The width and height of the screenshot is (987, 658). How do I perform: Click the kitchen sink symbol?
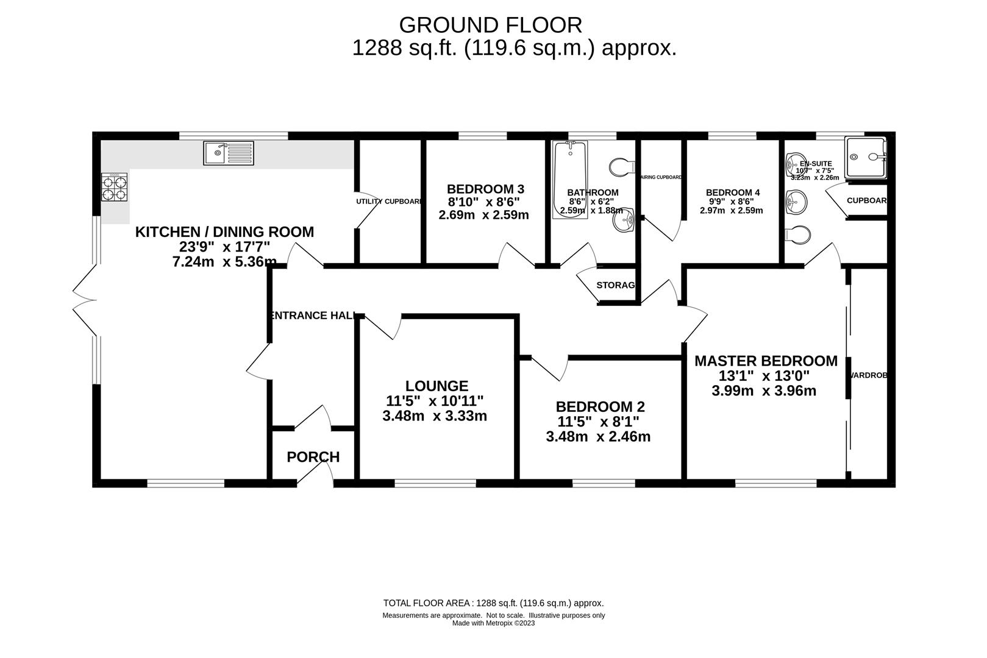point(228,153)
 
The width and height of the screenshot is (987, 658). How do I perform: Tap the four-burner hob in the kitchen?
point(115,187)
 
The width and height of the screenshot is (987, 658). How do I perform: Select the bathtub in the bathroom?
point(570,179)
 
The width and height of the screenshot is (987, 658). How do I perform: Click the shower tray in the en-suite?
point(866,157)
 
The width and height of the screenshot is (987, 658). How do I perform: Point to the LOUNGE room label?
point(436,386)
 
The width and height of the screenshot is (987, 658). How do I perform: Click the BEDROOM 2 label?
point(600,406)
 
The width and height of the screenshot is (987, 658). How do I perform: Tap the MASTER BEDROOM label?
point(766,361)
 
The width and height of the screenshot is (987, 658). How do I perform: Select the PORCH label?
point(313,457)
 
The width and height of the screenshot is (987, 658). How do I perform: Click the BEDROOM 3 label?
point(485,189)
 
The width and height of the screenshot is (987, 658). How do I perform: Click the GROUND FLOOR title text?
point(490,25)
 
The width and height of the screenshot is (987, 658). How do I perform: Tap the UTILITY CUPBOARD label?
point(389,202)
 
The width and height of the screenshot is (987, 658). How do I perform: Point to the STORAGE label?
point(616,285)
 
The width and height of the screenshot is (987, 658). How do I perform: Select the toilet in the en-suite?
point(798,233)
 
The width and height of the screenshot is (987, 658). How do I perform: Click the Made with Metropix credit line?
point(493,623)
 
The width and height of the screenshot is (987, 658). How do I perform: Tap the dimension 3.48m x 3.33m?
point(434,417)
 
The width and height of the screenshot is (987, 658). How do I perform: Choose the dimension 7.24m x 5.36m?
point(224,262)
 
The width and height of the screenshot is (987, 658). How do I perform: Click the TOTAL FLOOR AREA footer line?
point(493,603)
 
